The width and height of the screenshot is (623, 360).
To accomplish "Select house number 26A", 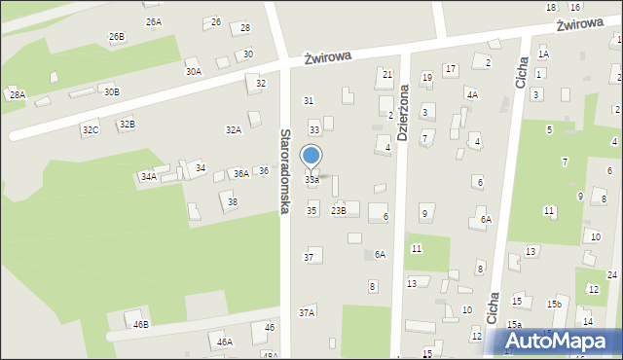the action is [x=153, y=21].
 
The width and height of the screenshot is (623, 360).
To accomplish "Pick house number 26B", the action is [x=117, y=37].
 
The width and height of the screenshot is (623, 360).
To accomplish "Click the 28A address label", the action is [x=17, y=94].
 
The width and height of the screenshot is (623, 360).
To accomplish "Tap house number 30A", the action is [x=194, y=71].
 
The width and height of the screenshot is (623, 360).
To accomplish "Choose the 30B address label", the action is [x=112, y=91].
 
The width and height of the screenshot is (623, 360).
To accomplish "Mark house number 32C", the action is [x=91, y=129].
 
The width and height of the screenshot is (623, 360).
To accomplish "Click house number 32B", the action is [x=127, y=125].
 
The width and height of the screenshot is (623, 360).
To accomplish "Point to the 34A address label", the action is [x=148, y=177].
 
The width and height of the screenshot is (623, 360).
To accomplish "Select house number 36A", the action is [x=240, y=173].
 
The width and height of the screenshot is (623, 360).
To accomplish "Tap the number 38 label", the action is [x=232, y=201].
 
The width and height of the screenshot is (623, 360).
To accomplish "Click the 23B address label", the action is [x=338, y=210].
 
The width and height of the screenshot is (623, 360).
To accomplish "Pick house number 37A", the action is [x=307, y=312].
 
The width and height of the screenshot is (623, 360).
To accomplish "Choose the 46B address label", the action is [x=141, y=324].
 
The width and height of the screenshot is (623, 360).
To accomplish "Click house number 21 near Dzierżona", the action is [x=386, y=74].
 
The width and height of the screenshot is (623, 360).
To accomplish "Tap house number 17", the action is [x=450, y=68].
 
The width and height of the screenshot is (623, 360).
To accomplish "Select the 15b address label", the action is [x=554, y=305].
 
